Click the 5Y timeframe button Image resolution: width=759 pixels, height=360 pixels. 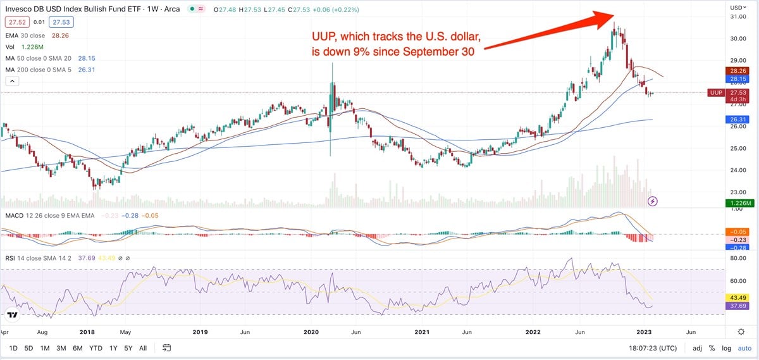coord(128,348)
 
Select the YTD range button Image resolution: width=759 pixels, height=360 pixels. coord(96,348)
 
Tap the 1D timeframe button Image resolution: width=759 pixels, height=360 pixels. coord(13,348)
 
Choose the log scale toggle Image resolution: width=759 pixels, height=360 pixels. coord(725,348)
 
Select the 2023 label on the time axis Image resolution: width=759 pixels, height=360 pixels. coord(645,332)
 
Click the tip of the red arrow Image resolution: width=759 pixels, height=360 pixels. coord(613,14)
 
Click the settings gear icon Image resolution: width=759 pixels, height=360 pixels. coord(741,332)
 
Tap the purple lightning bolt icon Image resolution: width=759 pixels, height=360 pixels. coord(653,201)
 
